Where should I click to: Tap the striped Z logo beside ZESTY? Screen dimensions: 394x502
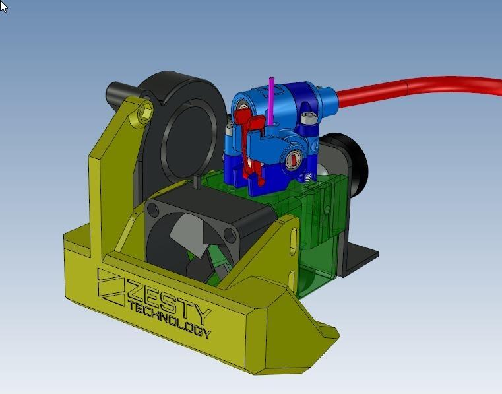point(111,286)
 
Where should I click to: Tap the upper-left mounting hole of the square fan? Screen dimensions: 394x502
point(152,209)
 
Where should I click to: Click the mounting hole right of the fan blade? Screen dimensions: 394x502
point(229,236)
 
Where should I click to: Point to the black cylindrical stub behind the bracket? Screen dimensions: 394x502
point(119,90)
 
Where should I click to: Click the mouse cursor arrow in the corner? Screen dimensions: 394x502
point(4,6)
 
